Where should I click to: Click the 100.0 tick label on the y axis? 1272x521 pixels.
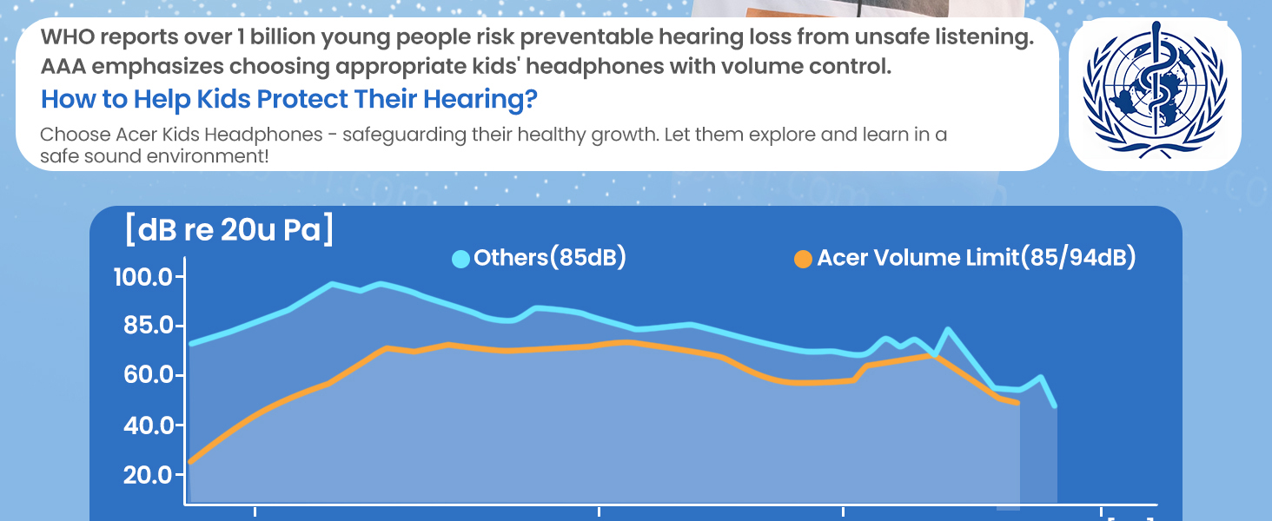coord(143,278)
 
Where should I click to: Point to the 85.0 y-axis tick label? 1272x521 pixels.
coord(148,326)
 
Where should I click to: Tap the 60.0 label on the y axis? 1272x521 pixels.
coord(148,375)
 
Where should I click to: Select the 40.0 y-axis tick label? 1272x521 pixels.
coord(148,425)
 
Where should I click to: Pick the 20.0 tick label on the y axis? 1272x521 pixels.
coord(148,474)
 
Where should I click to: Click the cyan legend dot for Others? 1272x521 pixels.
coord(460,259)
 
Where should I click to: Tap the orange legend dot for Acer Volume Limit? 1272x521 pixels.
coord(803,259)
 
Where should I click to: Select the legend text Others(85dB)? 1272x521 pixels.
coord(550,257)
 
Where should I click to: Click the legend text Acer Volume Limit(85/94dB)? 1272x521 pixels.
coord(977,257)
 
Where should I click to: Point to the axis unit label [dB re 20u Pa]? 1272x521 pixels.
coord(229,229)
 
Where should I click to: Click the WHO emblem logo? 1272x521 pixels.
coord(1155,91)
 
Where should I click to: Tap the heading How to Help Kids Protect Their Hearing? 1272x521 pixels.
coord(289,99)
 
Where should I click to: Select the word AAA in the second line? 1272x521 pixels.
coord(63,66)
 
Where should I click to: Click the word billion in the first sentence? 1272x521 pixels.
coord(282,36)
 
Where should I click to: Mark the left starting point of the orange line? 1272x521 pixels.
coord(190,462)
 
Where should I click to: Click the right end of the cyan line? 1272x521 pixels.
coord(1055,406)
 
